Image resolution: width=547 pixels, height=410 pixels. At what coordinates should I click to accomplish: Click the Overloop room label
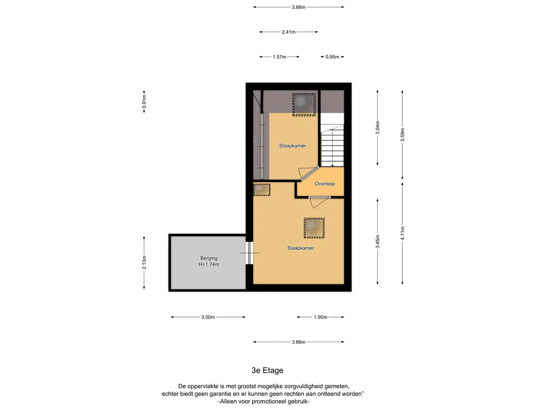[x=324, y=184]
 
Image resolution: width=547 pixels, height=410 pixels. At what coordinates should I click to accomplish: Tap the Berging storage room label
[x=209, y=258]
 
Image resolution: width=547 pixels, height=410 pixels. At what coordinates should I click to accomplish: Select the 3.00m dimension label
[x=208, y=317]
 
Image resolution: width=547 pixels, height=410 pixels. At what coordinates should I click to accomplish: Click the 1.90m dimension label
[x=321, y=317]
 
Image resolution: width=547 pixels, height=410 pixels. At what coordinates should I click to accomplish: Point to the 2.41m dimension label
[x=288, y=32]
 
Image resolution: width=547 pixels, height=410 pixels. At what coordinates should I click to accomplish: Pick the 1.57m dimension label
[x=279, y=57]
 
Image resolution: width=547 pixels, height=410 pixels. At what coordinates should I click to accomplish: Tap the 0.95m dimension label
[x=332, y=57]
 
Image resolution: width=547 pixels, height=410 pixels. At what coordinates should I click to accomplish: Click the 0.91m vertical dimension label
[x=144, y=101]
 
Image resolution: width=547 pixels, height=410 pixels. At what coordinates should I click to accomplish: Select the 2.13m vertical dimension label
[x=144, y=263]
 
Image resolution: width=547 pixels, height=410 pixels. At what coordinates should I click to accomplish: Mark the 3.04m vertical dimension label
[x=378, y=127]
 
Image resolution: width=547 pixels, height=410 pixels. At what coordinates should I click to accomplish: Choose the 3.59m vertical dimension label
[x=402, y=135]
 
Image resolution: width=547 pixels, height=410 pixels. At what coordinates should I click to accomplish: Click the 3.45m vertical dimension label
[x=378, y=242]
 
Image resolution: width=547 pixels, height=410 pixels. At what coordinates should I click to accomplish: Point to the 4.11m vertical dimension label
[x=402, y=233]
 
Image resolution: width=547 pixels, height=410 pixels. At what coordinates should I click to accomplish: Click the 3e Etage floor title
[x=267, y=370]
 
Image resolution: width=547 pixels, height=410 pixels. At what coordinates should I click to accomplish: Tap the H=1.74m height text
[x=209, y=264]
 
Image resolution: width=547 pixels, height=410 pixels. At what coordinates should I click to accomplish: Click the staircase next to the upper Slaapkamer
[x=332, y=141]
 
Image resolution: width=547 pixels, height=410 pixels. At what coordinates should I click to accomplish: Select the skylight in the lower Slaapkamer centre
[x=314, y=228]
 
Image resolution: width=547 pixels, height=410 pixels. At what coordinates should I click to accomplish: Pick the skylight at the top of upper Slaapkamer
[x=304, y=104]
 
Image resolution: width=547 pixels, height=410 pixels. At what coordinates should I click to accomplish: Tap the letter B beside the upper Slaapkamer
[x=255, y=139]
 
